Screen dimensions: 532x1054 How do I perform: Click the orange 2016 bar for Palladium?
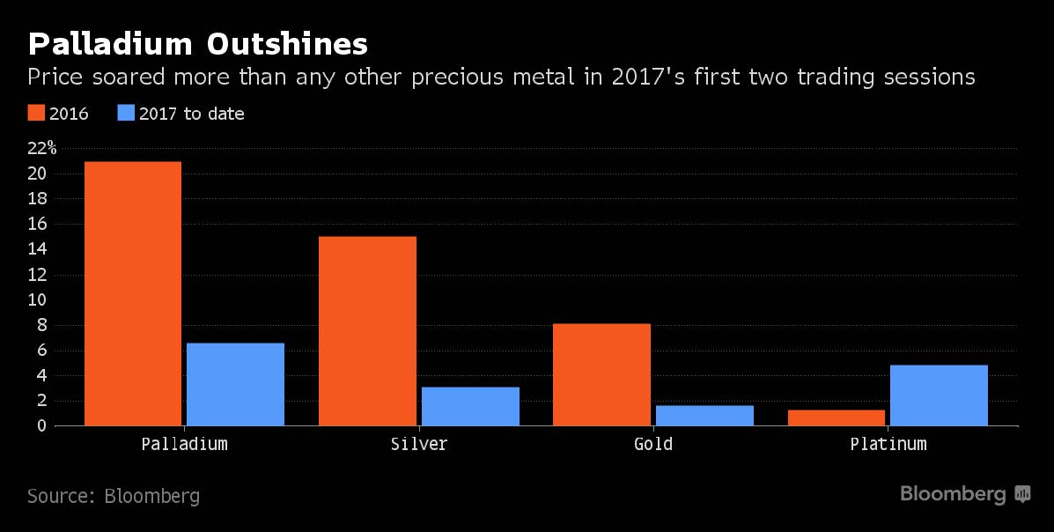[x=132, y=293]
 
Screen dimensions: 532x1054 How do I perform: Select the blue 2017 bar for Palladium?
[x=235, y=384]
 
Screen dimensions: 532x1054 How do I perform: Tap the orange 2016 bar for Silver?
[x=367, y=331]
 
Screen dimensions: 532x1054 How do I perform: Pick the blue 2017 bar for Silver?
[x=470, y=406]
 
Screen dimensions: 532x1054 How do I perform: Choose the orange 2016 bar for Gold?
[x=601, y=374]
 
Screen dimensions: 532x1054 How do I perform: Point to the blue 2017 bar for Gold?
[x=704, y=415]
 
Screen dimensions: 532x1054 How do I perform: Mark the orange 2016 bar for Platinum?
[x=837, y=417]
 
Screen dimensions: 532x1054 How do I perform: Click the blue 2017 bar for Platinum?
[x=940, y=395]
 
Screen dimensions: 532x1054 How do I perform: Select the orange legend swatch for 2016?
[x=36, y=114]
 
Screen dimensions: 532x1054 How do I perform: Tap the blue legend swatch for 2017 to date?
[x=124, y=114]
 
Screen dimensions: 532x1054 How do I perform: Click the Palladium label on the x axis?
[x=184, y=444]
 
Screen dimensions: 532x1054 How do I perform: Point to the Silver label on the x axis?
[x=418, y=444]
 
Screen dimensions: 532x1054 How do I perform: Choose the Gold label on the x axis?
[x=653, y=444]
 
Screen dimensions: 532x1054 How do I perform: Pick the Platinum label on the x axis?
[x=888, y=444]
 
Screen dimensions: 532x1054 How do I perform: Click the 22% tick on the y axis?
[x=41, y=148]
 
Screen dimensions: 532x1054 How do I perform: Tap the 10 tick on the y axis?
[x=36, y=299]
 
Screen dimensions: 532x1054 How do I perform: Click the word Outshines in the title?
[x=283, y=43]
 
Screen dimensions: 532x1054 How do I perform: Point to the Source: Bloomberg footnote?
[x=114, y=496]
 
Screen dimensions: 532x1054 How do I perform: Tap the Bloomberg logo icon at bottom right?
[x=1022, y=494]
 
